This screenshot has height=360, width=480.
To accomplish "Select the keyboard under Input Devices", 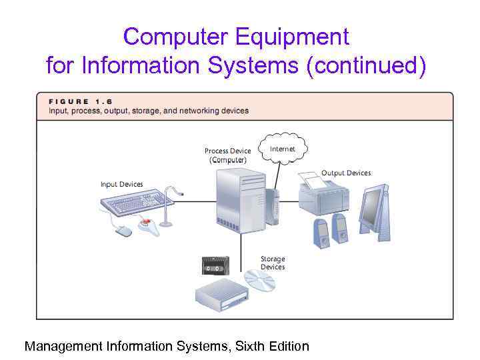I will [133, 201].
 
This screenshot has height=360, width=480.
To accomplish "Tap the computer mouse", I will [123, 231].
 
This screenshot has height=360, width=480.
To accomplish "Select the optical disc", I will [259, 281].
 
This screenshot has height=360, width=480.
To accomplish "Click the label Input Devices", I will [121, 185].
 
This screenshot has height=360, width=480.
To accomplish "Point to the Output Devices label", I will [346, 173].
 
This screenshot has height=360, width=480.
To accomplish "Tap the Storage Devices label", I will [272, 263].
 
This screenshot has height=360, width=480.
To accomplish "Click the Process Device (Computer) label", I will [227, 155].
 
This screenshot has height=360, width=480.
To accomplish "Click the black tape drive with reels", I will [215, 265].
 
